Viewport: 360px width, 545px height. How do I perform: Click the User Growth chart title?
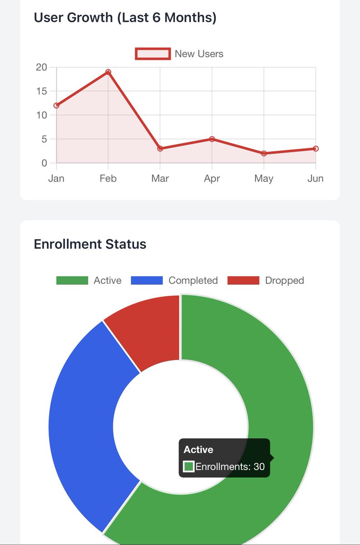(x=125, y=18)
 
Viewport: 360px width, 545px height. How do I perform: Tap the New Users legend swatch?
(x=153, y=54)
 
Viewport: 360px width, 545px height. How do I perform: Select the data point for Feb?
(x=108, y=72)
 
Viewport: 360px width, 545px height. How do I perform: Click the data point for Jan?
(x=56, y=105)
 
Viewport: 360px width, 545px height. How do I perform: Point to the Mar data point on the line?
(x=160, y=149)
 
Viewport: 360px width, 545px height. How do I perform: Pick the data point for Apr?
(x=212, y=139)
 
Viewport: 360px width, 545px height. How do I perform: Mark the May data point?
(x=264, y=154)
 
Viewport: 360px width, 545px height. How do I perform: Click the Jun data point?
(x=315, y=149)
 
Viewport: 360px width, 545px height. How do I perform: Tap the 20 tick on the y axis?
(x=41, y=67)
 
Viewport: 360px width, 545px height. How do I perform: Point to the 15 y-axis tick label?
(x=41, y=91)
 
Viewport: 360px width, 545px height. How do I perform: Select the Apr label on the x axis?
(x=212, y=178)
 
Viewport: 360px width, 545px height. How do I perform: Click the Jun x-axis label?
(x=315, y=178)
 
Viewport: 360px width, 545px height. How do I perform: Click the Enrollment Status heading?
(x=90, y=244)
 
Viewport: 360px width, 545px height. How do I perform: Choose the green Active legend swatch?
(x=72, y=281)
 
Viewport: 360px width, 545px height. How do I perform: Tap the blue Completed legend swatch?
(x=147, y=281)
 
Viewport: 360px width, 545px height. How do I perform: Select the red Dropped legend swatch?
(x=243, y=281)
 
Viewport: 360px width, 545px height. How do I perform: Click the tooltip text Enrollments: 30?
(x=230, y=466)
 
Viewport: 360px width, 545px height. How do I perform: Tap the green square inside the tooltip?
(x=189, y=466)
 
